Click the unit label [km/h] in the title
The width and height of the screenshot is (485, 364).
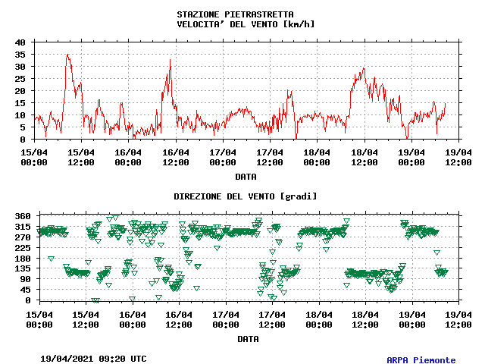(x=297, y=24)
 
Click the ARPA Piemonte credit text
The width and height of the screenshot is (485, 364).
(x=421, y=360)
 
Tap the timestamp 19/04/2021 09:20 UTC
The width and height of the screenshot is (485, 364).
(x=93, y=358)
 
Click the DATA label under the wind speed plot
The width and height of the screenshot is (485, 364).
(x=245, y=177)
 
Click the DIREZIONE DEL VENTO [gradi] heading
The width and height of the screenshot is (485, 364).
(x=246, y=196)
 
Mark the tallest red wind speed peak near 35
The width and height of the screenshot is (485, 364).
(x=68, y=55)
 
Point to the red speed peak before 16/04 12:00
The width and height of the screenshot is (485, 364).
(x=170, y=60)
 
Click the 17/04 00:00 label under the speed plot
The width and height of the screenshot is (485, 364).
(x=223, y=156)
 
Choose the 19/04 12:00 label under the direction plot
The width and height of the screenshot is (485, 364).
(x=458, y=319)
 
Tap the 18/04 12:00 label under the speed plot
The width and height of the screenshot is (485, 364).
(x=365, y=156)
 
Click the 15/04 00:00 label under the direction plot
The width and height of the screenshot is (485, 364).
(x=39, y=319)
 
